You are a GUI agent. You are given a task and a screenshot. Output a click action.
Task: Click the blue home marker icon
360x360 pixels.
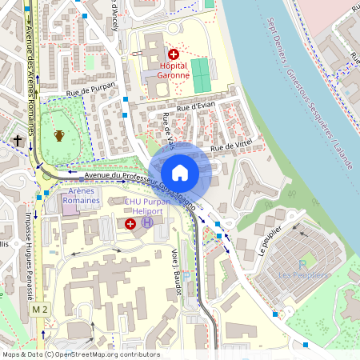tap(180, 173)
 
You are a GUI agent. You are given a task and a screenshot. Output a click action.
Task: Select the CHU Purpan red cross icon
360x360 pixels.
tap(130, 224)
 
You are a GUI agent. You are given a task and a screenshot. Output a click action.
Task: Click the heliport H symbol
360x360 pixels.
tap(146, 223)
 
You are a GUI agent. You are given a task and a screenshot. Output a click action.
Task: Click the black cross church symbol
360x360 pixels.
tap(18, 141)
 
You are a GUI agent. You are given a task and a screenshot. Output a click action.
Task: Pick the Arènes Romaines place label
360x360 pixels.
tap(85, 196)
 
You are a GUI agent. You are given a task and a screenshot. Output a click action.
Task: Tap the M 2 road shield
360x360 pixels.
tap(39, 309)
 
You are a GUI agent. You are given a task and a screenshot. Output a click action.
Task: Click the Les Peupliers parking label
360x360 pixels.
tap(302, 274)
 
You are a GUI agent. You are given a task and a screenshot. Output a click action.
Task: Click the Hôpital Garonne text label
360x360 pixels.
tap(174, 70)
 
